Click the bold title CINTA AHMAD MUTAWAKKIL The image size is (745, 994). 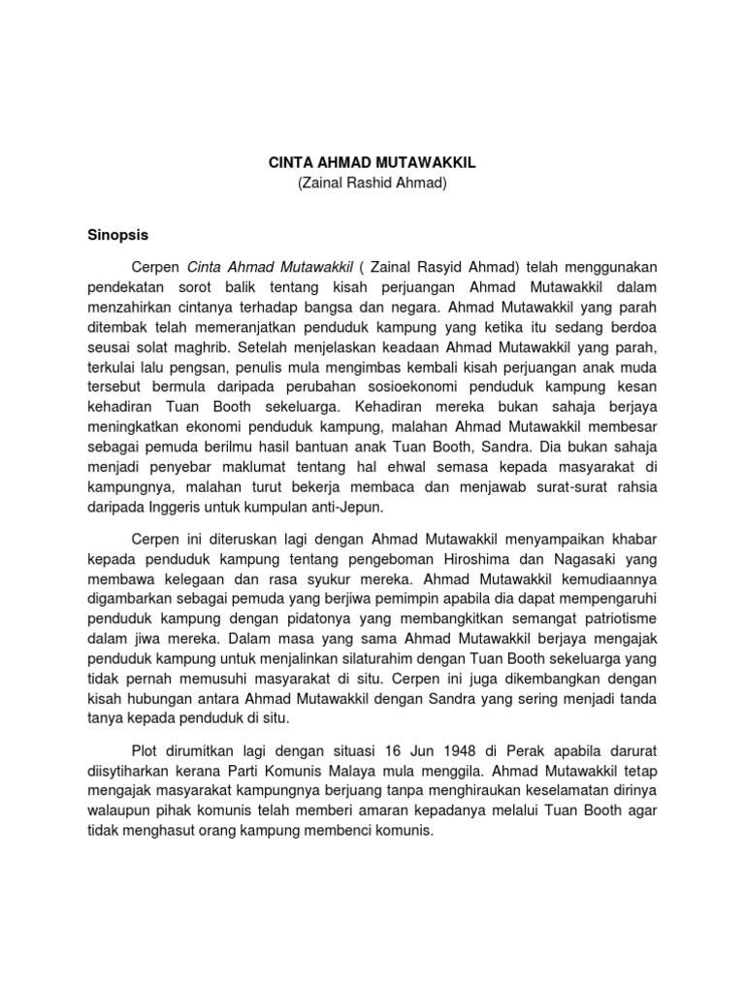tap(372, 165)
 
